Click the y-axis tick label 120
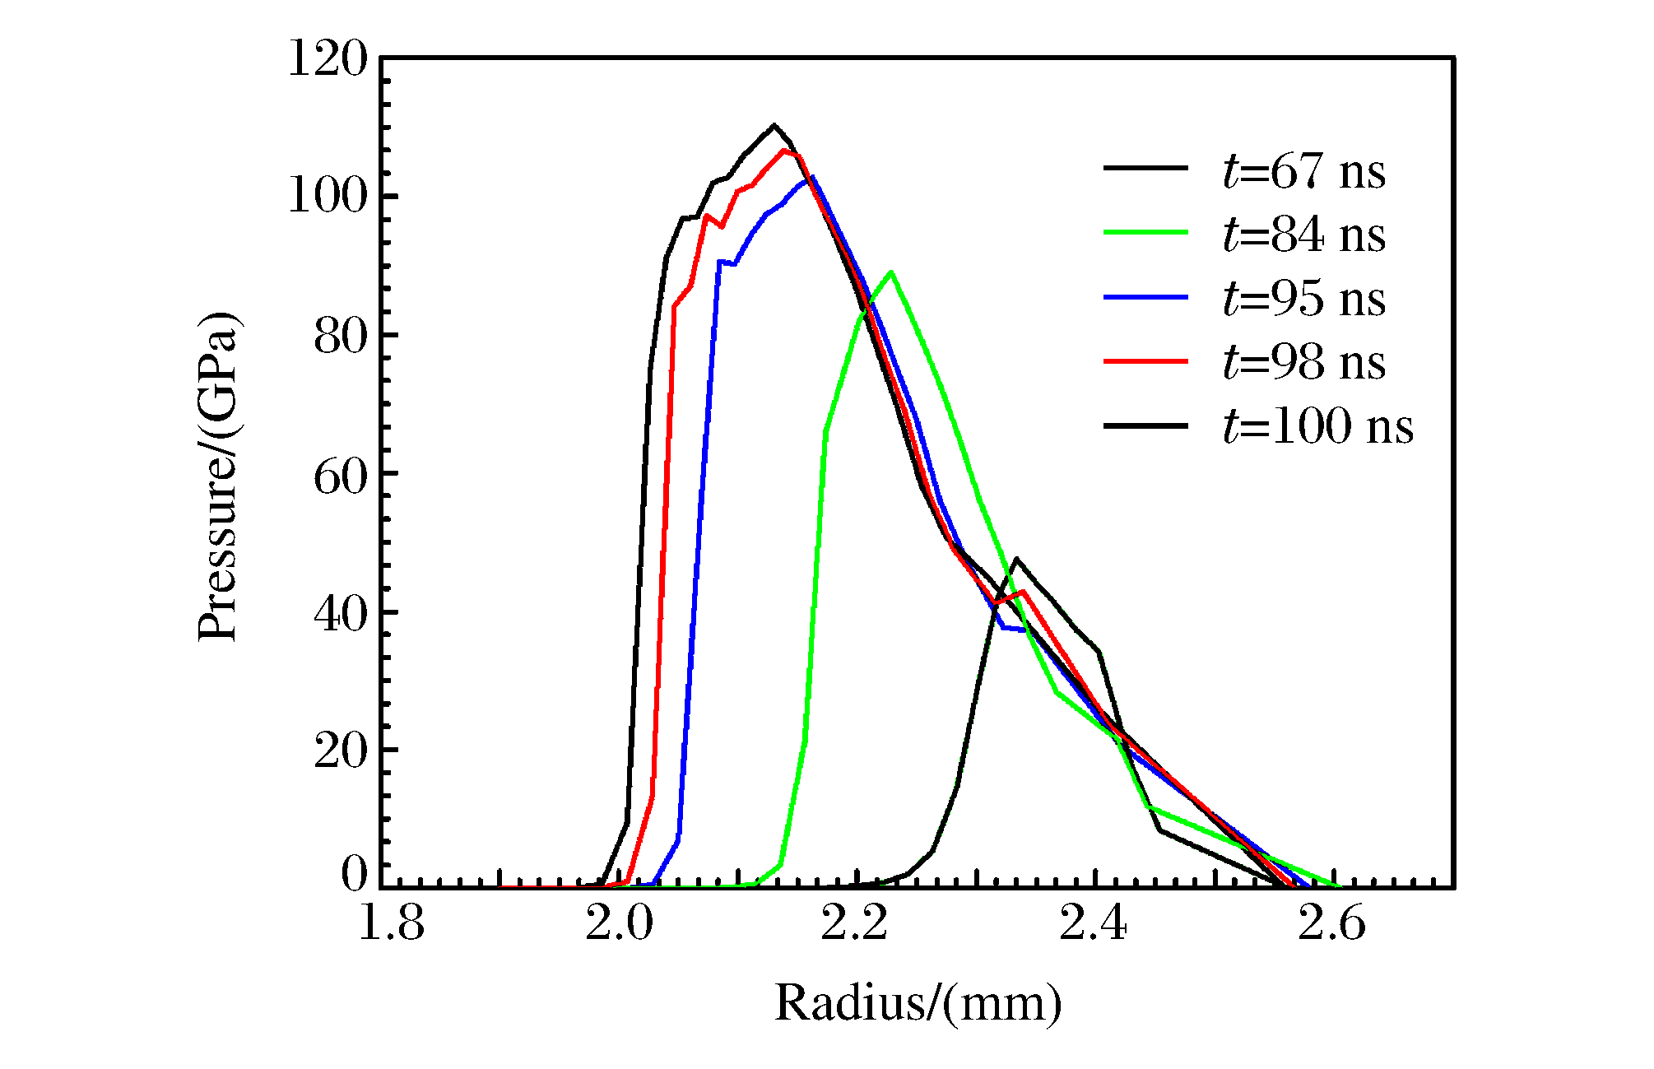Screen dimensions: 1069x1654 click(327, 59)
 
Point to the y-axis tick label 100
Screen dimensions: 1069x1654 click(327, 198)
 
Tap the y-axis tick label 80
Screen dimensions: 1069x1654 click(340, 336)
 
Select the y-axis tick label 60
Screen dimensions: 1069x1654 click(340, 475)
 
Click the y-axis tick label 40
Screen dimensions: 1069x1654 click(340, 613)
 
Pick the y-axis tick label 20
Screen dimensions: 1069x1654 click(340, 751)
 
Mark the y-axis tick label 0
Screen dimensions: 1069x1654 click(355, 874)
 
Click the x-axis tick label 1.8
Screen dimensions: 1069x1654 click(392, 924)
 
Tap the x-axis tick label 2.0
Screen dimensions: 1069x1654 click(619, 924)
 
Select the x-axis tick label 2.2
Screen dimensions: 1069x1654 click(855, 924)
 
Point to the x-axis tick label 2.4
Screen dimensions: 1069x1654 click(1093, 924)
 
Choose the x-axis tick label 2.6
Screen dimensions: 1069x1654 click(1331, 924)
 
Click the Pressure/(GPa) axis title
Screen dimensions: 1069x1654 click(218, 476)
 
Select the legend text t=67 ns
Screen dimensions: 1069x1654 click(1304, 172)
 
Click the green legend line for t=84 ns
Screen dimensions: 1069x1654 click(1145, 233)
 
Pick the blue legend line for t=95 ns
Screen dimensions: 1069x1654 click(1145, 297)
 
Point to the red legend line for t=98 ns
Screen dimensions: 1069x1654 click(1145, 361)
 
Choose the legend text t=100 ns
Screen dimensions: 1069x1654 click(1318, 426)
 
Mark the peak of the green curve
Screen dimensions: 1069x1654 click(891, 272)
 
